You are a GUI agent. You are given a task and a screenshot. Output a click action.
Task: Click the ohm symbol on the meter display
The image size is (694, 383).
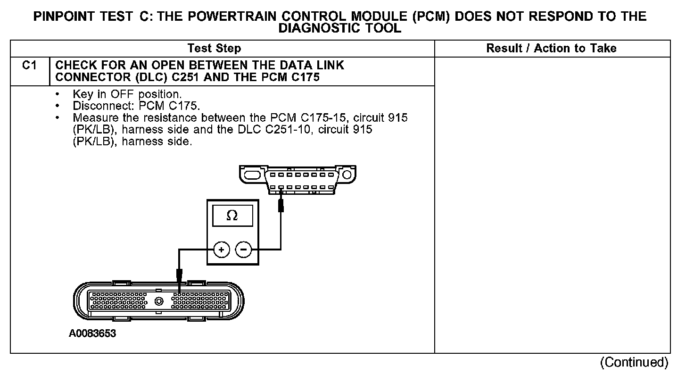pos(232,216)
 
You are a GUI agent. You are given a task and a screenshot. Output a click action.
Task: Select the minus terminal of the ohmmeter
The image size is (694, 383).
pos(244,250)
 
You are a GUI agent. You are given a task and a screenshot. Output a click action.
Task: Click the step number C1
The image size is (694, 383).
pos(29,66)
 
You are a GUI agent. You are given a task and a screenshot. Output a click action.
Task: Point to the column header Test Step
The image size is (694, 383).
pos(214,49)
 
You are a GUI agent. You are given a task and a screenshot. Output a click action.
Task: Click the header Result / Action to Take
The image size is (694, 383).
pos(551,49)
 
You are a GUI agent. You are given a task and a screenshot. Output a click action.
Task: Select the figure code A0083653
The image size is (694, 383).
pos(92,334)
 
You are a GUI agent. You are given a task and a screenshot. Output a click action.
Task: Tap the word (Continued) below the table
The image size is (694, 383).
pos(634,362)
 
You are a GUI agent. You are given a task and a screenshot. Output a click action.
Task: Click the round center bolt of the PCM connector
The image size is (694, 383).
pos(159,301)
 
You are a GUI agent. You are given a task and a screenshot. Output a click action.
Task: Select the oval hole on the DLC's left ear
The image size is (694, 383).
pos(252,175)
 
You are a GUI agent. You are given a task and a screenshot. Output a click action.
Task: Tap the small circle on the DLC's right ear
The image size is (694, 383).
pos(347,175)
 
